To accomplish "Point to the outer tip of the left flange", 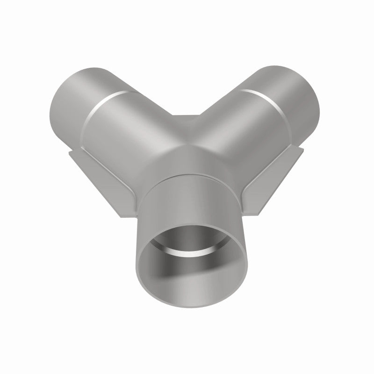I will click(x=70, y=152).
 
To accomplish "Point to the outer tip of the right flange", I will click(x=303, y=150).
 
